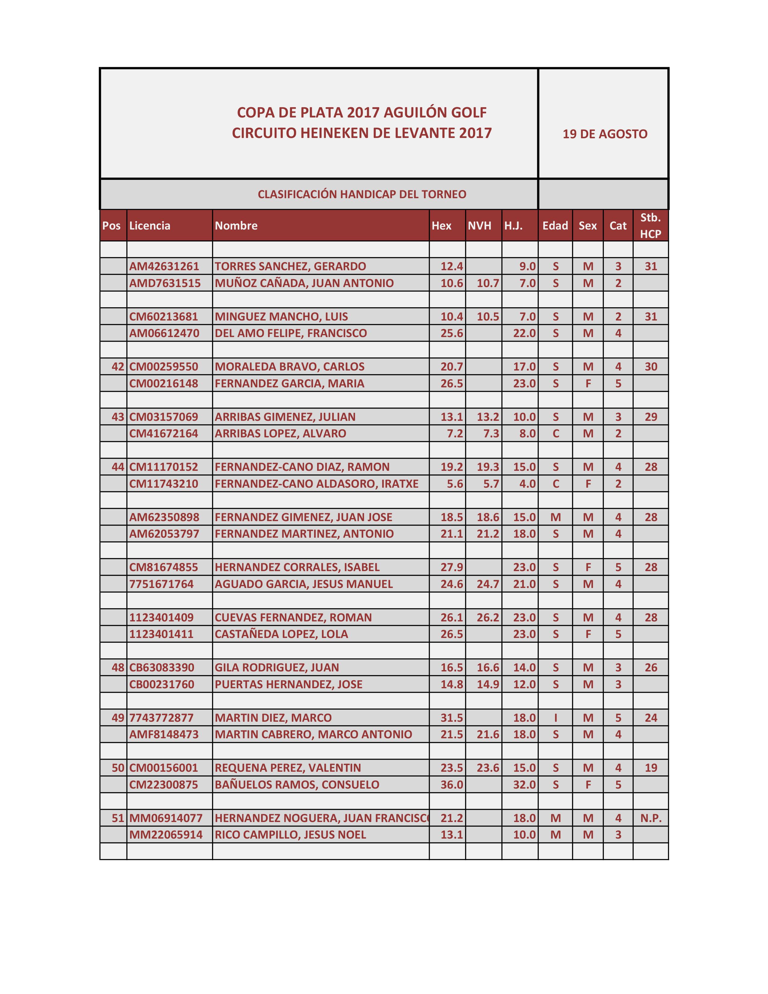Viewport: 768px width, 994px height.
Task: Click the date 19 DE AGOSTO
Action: tap(605, 134)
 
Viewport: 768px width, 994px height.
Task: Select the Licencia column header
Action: tap(150, 226)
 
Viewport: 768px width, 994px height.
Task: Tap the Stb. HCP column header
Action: tap(650, 226)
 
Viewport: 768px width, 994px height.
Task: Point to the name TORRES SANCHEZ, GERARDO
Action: tap(290, 266)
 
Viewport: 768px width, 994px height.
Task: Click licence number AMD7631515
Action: tap(165, 283)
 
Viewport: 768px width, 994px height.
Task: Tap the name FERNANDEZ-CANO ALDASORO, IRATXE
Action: tap(316, 484)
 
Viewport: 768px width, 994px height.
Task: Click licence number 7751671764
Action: tap(161, 584)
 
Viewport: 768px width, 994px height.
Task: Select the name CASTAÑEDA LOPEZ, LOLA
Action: tap(281, 634)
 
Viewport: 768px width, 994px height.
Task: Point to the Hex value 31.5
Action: tap(451, 718)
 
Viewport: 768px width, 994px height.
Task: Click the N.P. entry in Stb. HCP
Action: tap(651, 818)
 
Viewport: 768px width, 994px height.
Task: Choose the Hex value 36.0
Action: tap(451, 785)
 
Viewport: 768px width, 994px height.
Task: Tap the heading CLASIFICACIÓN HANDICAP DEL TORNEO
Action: tap(362, 194)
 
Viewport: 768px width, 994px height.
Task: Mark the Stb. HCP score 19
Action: tap(651, 768)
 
